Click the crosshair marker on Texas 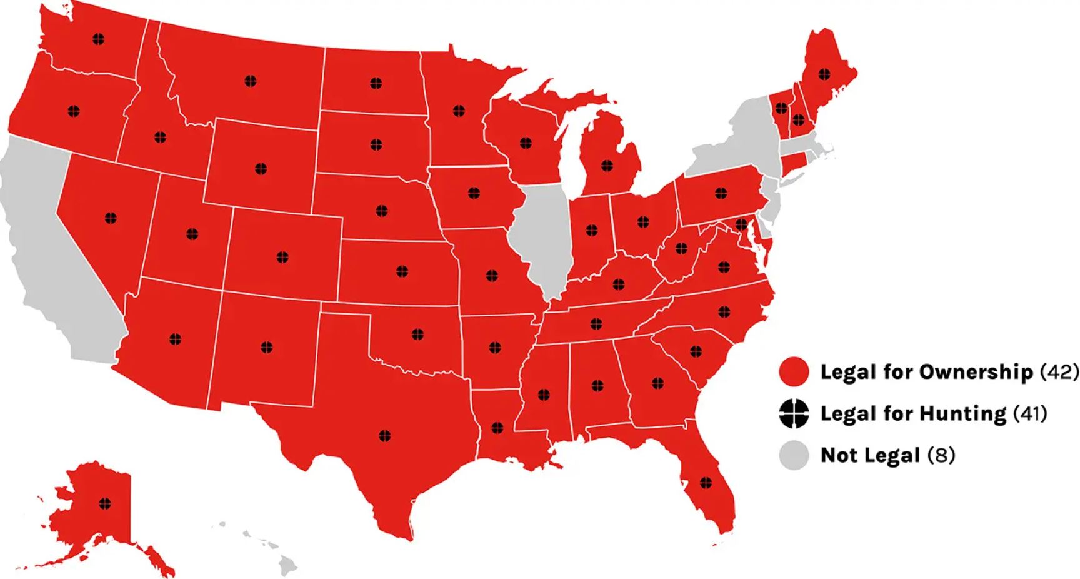[x=384, y=435]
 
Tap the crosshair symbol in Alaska [x=104, y=503]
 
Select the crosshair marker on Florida [x=706, y=482]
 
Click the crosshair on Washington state [x=98, y=39]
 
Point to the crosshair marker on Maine [x=824, y=74]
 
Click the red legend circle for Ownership [x=794, y=372]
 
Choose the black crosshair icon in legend [x=794, y=413]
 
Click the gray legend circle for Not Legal [x=794, y=455]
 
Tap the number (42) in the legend [x=1059, y=372]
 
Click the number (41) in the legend [x=1029, y=413]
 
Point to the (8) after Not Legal [x=941, y=455]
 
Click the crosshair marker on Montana [x=250, y=81]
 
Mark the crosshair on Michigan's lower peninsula [x=607, y=166]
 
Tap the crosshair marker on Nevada [x=111, y=218]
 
